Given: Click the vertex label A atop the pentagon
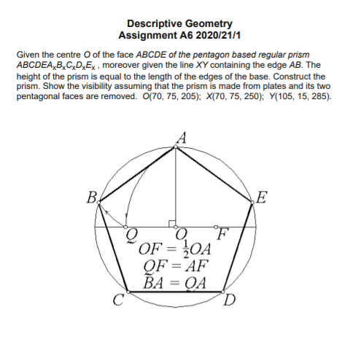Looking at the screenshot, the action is pyautogui.click(x=181, y=136).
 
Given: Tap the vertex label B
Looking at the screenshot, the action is pyautogui.click(x=91, y=197).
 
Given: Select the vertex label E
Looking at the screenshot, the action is pyautogui.click(x=263, y=196).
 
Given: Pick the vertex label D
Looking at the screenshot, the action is pyautogui.click(x=230, y=300).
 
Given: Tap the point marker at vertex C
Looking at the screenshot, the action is pyautogui.click(x=128, y=291).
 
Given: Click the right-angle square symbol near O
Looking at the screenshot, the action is pyautogui.click(x=172, y=222).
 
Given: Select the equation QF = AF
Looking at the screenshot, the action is pyautogui.click(x=176, y=266).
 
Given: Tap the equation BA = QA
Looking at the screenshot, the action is pyautogui.click(x=176, y=281).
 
